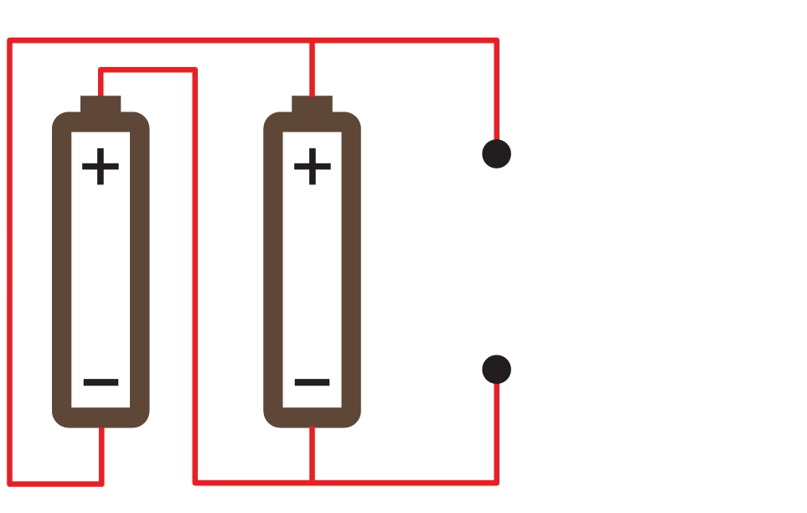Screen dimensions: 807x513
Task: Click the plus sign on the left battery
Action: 101,166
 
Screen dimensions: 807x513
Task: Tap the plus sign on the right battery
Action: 313,166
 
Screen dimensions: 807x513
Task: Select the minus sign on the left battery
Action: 101,382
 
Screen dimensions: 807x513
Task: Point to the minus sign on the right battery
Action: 312,382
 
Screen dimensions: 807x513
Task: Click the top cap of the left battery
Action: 101,104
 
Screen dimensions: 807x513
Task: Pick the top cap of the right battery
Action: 313,104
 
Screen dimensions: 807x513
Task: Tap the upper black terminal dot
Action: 497,153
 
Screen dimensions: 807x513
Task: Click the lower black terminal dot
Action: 497,370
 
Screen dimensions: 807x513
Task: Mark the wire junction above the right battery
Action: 312,40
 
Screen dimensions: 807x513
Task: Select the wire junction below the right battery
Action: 312,483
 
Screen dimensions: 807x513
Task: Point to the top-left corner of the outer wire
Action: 10,40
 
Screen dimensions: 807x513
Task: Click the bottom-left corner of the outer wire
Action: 10,484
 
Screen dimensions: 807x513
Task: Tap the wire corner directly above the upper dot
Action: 497,40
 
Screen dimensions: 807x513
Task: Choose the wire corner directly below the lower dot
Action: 497,483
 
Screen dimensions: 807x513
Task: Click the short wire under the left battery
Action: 101,456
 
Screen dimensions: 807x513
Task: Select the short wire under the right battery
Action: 312,454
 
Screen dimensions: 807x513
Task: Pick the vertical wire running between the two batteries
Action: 195,276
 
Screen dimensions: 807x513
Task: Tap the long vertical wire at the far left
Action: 10,262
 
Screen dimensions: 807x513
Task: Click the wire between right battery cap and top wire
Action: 312,69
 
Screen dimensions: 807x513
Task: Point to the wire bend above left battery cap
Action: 101,70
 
